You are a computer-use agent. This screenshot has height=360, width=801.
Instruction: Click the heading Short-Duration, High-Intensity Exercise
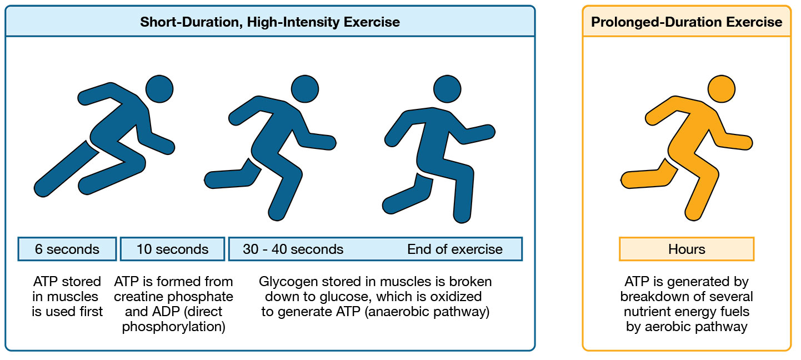click(269, 22)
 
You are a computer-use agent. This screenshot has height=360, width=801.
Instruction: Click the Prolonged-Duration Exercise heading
click(687, 22)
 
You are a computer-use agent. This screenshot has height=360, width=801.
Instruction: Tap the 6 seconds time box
click(67, 249)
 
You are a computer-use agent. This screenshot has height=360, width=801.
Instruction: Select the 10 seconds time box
click(172, 249)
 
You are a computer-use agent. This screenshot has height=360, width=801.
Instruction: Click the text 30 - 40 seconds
click(293, 249)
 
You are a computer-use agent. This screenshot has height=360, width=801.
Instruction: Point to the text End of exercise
click(454, 249)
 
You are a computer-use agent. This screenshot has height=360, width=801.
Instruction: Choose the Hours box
click(687, 249)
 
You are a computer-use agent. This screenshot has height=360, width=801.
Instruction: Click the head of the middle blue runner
click(304, 89)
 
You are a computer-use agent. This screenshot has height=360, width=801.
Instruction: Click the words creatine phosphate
click(173, 297)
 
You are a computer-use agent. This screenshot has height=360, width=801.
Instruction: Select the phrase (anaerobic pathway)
click(427, 312)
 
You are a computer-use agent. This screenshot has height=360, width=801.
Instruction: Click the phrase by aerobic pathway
click(687, 327)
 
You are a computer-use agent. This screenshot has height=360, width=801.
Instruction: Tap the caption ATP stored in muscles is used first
click(67, 297)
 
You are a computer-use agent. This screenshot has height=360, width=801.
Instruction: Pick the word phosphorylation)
click(173, 327)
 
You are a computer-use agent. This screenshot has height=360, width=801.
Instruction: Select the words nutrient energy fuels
click(687, 312)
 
